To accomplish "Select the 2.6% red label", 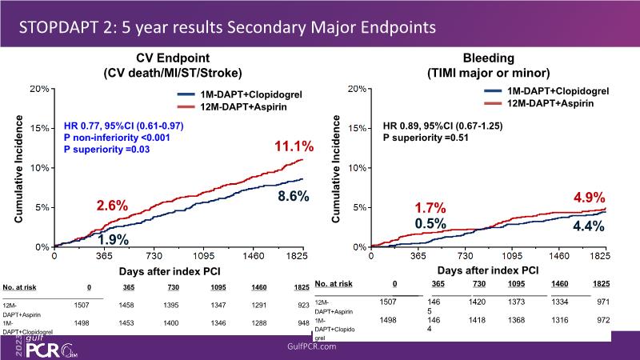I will (112, 205).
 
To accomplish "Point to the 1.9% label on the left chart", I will (114, 238).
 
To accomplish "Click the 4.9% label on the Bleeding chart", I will (588, 198).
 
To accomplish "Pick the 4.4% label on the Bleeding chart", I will (586, 226).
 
